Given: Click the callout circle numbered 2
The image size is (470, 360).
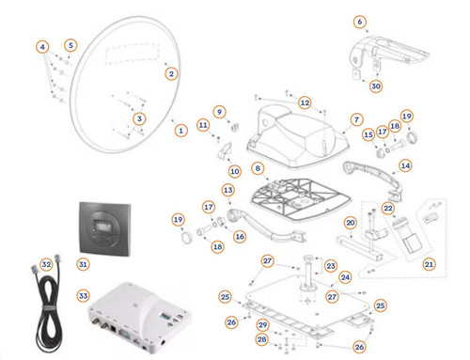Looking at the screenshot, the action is [x=171, y=74].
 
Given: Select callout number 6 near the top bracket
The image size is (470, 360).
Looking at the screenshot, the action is [x=360, y=22].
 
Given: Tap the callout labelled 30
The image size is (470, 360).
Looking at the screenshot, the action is [x=376, y=86].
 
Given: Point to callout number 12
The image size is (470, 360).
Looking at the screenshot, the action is [x=305, y=102].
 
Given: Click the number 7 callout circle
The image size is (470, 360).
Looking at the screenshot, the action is [x=356, y=119].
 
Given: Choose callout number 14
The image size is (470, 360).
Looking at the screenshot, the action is [x=405, y=165].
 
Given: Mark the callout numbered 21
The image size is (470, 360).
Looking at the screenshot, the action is [x=429, y=264].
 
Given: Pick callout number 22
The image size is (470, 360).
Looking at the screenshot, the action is [x=388, y=208].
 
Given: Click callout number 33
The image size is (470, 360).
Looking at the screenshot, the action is [x=83, y=295].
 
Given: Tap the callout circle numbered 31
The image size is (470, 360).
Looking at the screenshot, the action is [x=83, y=264].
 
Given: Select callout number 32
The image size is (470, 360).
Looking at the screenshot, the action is [x=46, y=264].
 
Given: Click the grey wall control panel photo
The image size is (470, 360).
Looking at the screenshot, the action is [x=105, y=229].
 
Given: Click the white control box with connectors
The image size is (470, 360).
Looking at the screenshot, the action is [x=139, y=317].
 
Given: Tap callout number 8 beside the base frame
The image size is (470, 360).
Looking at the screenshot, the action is [x=258, y=168].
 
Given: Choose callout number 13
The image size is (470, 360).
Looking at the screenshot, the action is [x=228, y=190].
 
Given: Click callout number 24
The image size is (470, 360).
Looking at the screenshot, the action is [x=345, y=277].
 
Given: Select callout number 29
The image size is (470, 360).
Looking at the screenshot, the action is [x=262, y=325].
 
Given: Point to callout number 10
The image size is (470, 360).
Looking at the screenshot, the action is [x=235, y=171].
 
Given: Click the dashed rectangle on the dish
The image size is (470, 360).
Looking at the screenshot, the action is [x=133, y=54].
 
